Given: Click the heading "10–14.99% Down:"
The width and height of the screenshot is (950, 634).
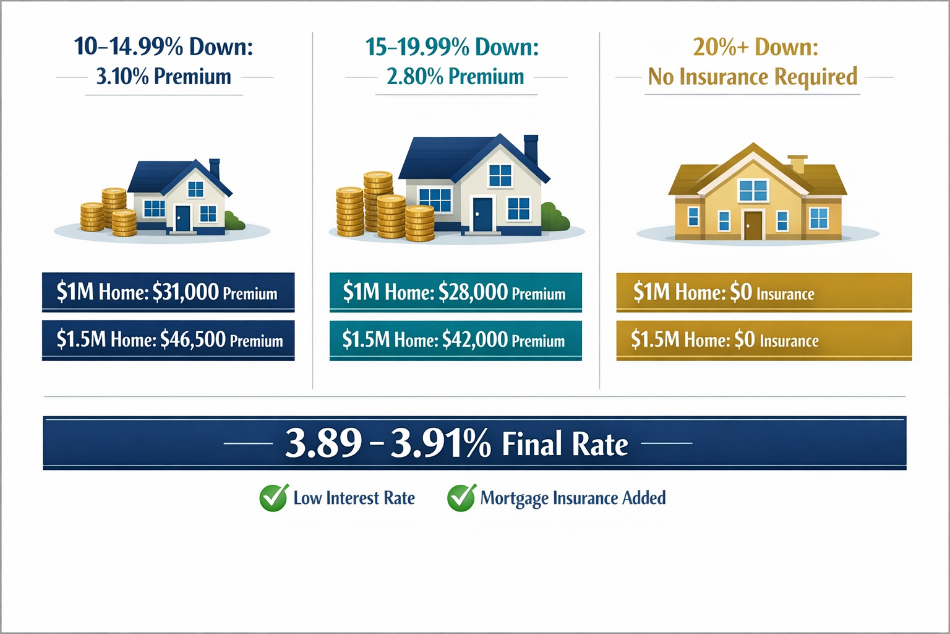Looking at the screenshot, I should (x=164, y=47).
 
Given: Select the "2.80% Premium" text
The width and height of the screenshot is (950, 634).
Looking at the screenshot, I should (x=455, y=77).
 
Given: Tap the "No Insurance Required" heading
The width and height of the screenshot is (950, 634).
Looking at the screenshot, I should (x=753, y=77).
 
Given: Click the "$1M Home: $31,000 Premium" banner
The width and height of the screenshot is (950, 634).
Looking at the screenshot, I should (x=168, y=292).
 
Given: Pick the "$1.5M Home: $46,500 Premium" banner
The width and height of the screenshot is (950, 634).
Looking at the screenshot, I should (x=168, y=340).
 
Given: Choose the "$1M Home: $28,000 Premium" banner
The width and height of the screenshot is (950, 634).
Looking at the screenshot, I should (x=455, y=292).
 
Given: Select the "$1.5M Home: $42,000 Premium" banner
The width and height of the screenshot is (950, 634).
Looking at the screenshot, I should (x=455, y=340).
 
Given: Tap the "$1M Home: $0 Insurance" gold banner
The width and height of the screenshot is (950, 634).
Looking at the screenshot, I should (x=764, y=292).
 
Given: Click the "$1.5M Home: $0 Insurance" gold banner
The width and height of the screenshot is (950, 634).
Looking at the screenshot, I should (x=764, y=340).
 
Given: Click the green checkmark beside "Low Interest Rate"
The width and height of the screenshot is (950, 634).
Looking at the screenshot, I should (x=273, y=498).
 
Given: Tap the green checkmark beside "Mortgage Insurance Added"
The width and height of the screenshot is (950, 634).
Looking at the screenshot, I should (x=461, y=498).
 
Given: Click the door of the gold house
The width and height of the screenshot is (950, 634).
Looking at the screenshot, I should (x=753, y=225).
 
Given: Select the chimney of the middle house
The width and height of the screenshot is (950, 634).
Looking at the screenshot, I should (x=531, y=150).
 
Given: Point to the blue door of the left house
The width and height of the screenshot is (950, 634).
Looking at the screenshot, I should (x=182, y=218).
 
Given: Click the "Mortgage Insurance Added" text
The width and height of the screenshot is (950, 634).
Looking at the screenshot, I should (x=573, y=498).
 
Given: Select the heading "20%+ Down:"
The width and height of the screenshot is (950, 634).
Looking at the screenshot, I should (x=755, y=47).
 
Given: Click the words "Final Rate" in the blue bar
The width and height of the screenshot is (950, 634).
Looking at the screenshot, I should (x=564, y=445).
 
